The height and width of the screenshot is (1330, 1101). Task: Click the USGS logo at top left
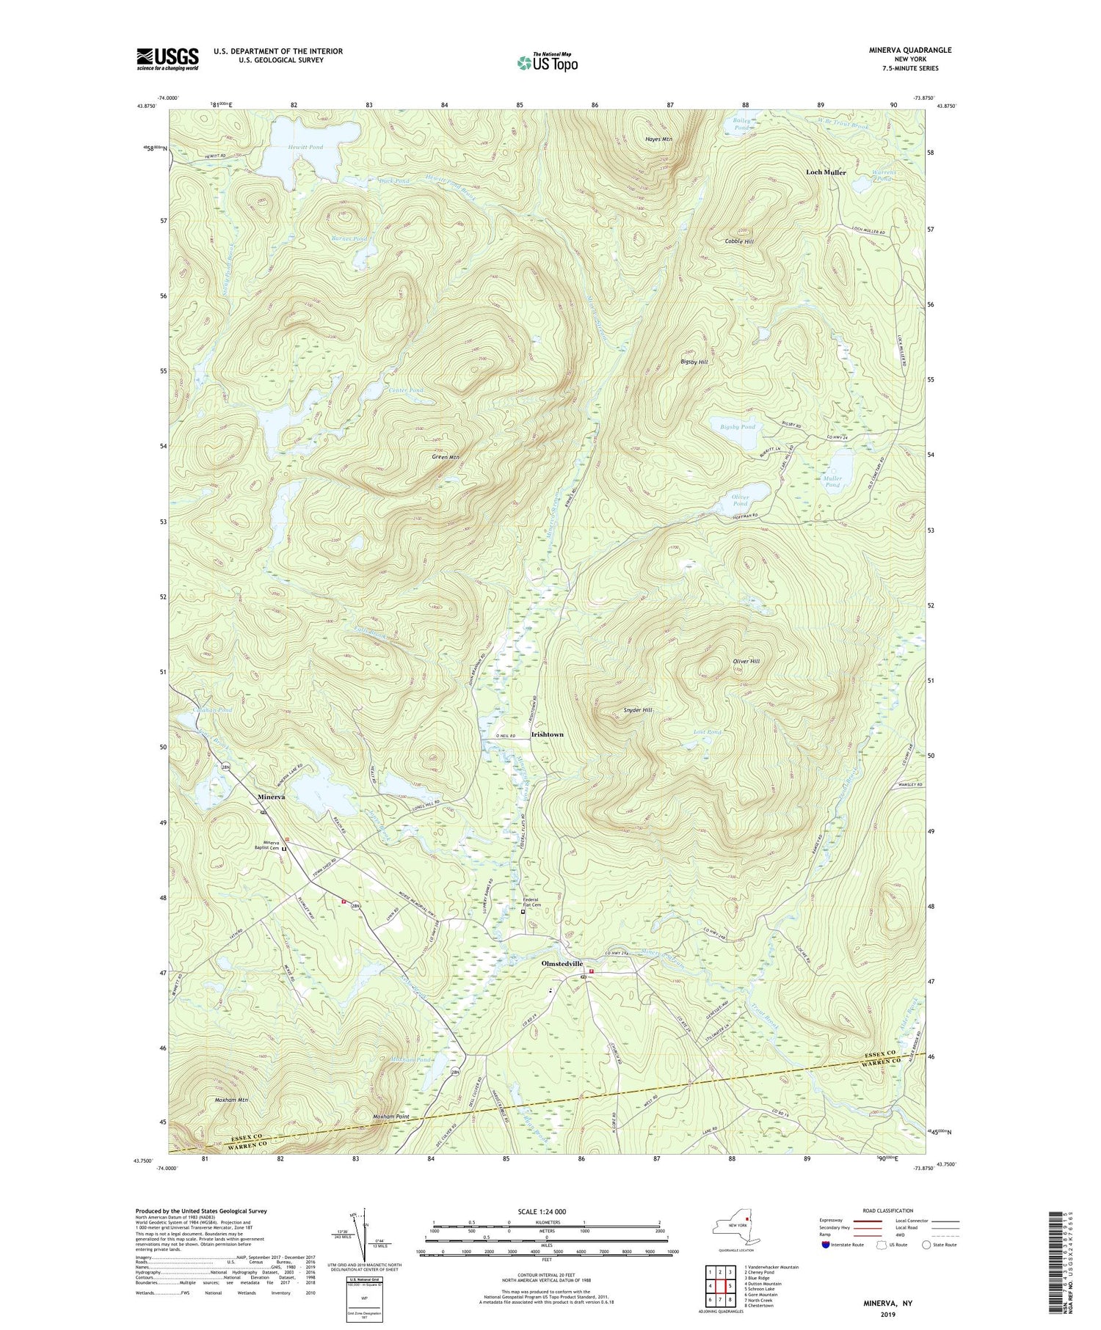[167, 58]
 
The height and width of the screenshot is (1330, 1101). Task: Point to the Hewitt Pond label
[305, 147]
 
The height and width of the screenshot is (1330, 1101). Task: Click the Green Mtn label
[446, 457]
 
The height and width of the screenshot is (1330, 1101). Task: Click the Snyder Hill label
[637, 710]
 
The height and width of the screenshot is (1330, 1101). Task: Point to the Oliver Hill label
[746, 661]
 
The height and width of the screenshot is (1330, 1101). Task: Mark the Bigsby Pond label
[737, 426]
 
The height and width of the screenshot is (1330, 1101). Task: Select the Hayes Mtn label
[658, 139]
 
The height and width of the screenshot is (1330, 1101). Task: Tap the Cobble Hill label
[739, 241]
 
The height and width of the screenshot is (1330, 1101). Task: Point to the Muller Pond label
[832, 481]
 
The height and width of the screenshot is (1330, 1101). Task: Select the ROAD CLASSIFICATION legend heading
[883, 1210]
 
